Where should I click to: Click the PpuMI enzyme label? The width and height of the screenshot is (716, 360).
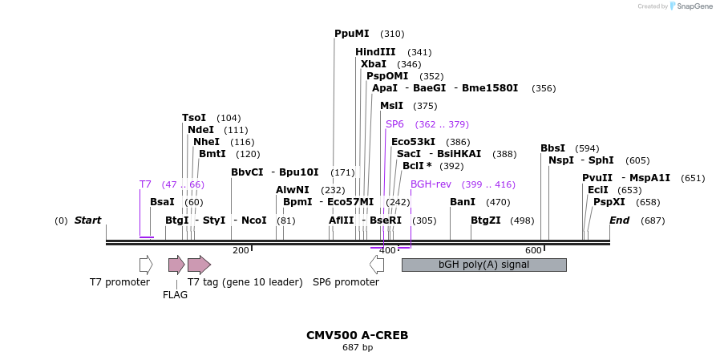[352, 34]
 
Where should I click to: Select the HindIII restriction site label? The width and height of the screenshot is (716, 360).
[375, 52]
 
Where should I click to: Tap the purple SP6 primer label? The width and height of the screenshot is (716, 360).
[394, 124]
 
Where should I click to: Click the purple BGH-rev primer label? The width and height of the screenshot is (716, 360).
[431, 184]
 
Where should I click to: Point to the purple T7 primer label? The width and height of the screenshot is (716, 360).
[145, 184]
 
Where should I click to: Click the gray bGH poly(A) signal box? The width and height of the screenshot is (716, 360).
[483, 265]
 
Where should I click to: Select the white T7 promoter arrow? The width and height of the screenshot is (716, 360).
[146, 265]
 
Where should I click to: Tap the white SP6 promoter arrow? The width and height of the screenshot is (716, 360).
[377, 265]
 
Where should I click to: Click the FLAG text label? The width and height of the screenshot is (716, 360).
[175, 294]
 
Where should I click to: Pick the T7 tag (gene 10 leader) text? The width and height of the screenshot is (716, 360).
[245, 282]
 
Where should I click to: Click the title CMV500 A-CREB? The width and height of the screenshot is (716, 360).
[357, 335]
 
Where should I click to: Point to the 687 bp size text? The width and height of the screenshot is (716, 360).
[357, 348]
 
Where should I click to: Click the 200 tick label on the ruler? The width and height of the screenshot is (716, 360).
[241, 251]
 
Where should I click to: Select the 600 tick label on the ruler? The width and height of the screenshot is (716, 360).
[533, 251]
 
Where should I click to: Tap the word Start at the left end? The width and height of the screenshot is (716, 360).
[88, 220]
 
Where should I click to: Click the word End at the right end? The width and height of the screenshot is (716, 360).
[619, 220]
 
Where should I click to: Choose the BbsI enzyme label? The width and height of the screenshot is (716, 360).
[552, 148]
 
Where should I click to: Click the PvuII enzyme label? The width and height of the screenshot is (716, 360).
[597, 178]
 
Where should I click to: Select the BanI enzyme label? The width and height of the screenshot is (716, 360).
[463, 202]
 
